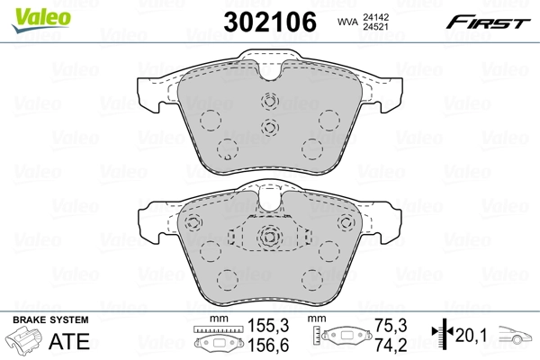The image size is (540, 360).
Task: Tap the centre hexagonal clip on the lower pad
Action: (269, 238)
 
